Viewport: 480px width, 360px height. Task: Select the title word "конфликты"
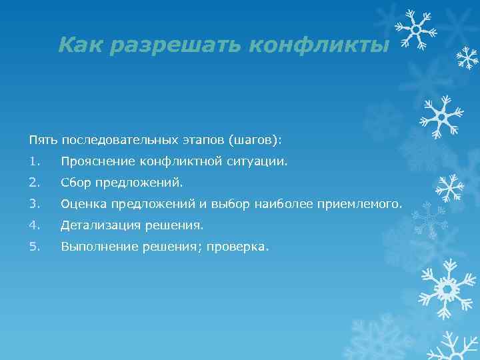pyautogui.click(x=317, y=45)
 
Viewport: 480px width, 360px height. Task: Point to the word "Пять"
pyautogui.click(x=43, y=140)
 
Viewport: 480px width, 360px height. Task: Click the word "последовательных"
pyautogui.click(x=119, y=140)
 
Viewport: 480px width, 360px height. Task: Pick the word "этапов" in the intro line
pyautogui.click(x=202, y=140)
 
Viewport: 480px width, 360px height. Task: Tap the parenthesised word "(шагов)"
pyautogui.click(x=255, y=140)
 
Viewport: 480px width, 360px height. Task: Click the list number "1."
pyautogui.click(x=34, y=161)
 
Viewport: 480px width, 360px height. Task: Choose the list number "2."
pyautogui.click(x=34, y=182)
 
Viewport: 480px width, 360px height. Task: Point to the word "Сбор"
pyautogui.click(x=75, y=182)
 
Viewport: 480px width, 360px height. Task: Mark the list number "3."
pyautogui.click(x=34, y=203)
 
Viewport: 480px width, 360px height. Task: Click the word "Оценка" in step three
pyautogui.click(x=83, y=203)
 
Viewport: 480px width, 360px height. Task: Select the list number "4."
pyautogui.click(x=34, y=225)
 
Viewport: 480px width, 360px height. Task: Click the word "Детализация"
pyautogui.click(x=99, y=225)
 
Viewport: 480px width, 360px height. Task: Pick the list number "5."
pyautogui.click(x=34, y=246)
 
